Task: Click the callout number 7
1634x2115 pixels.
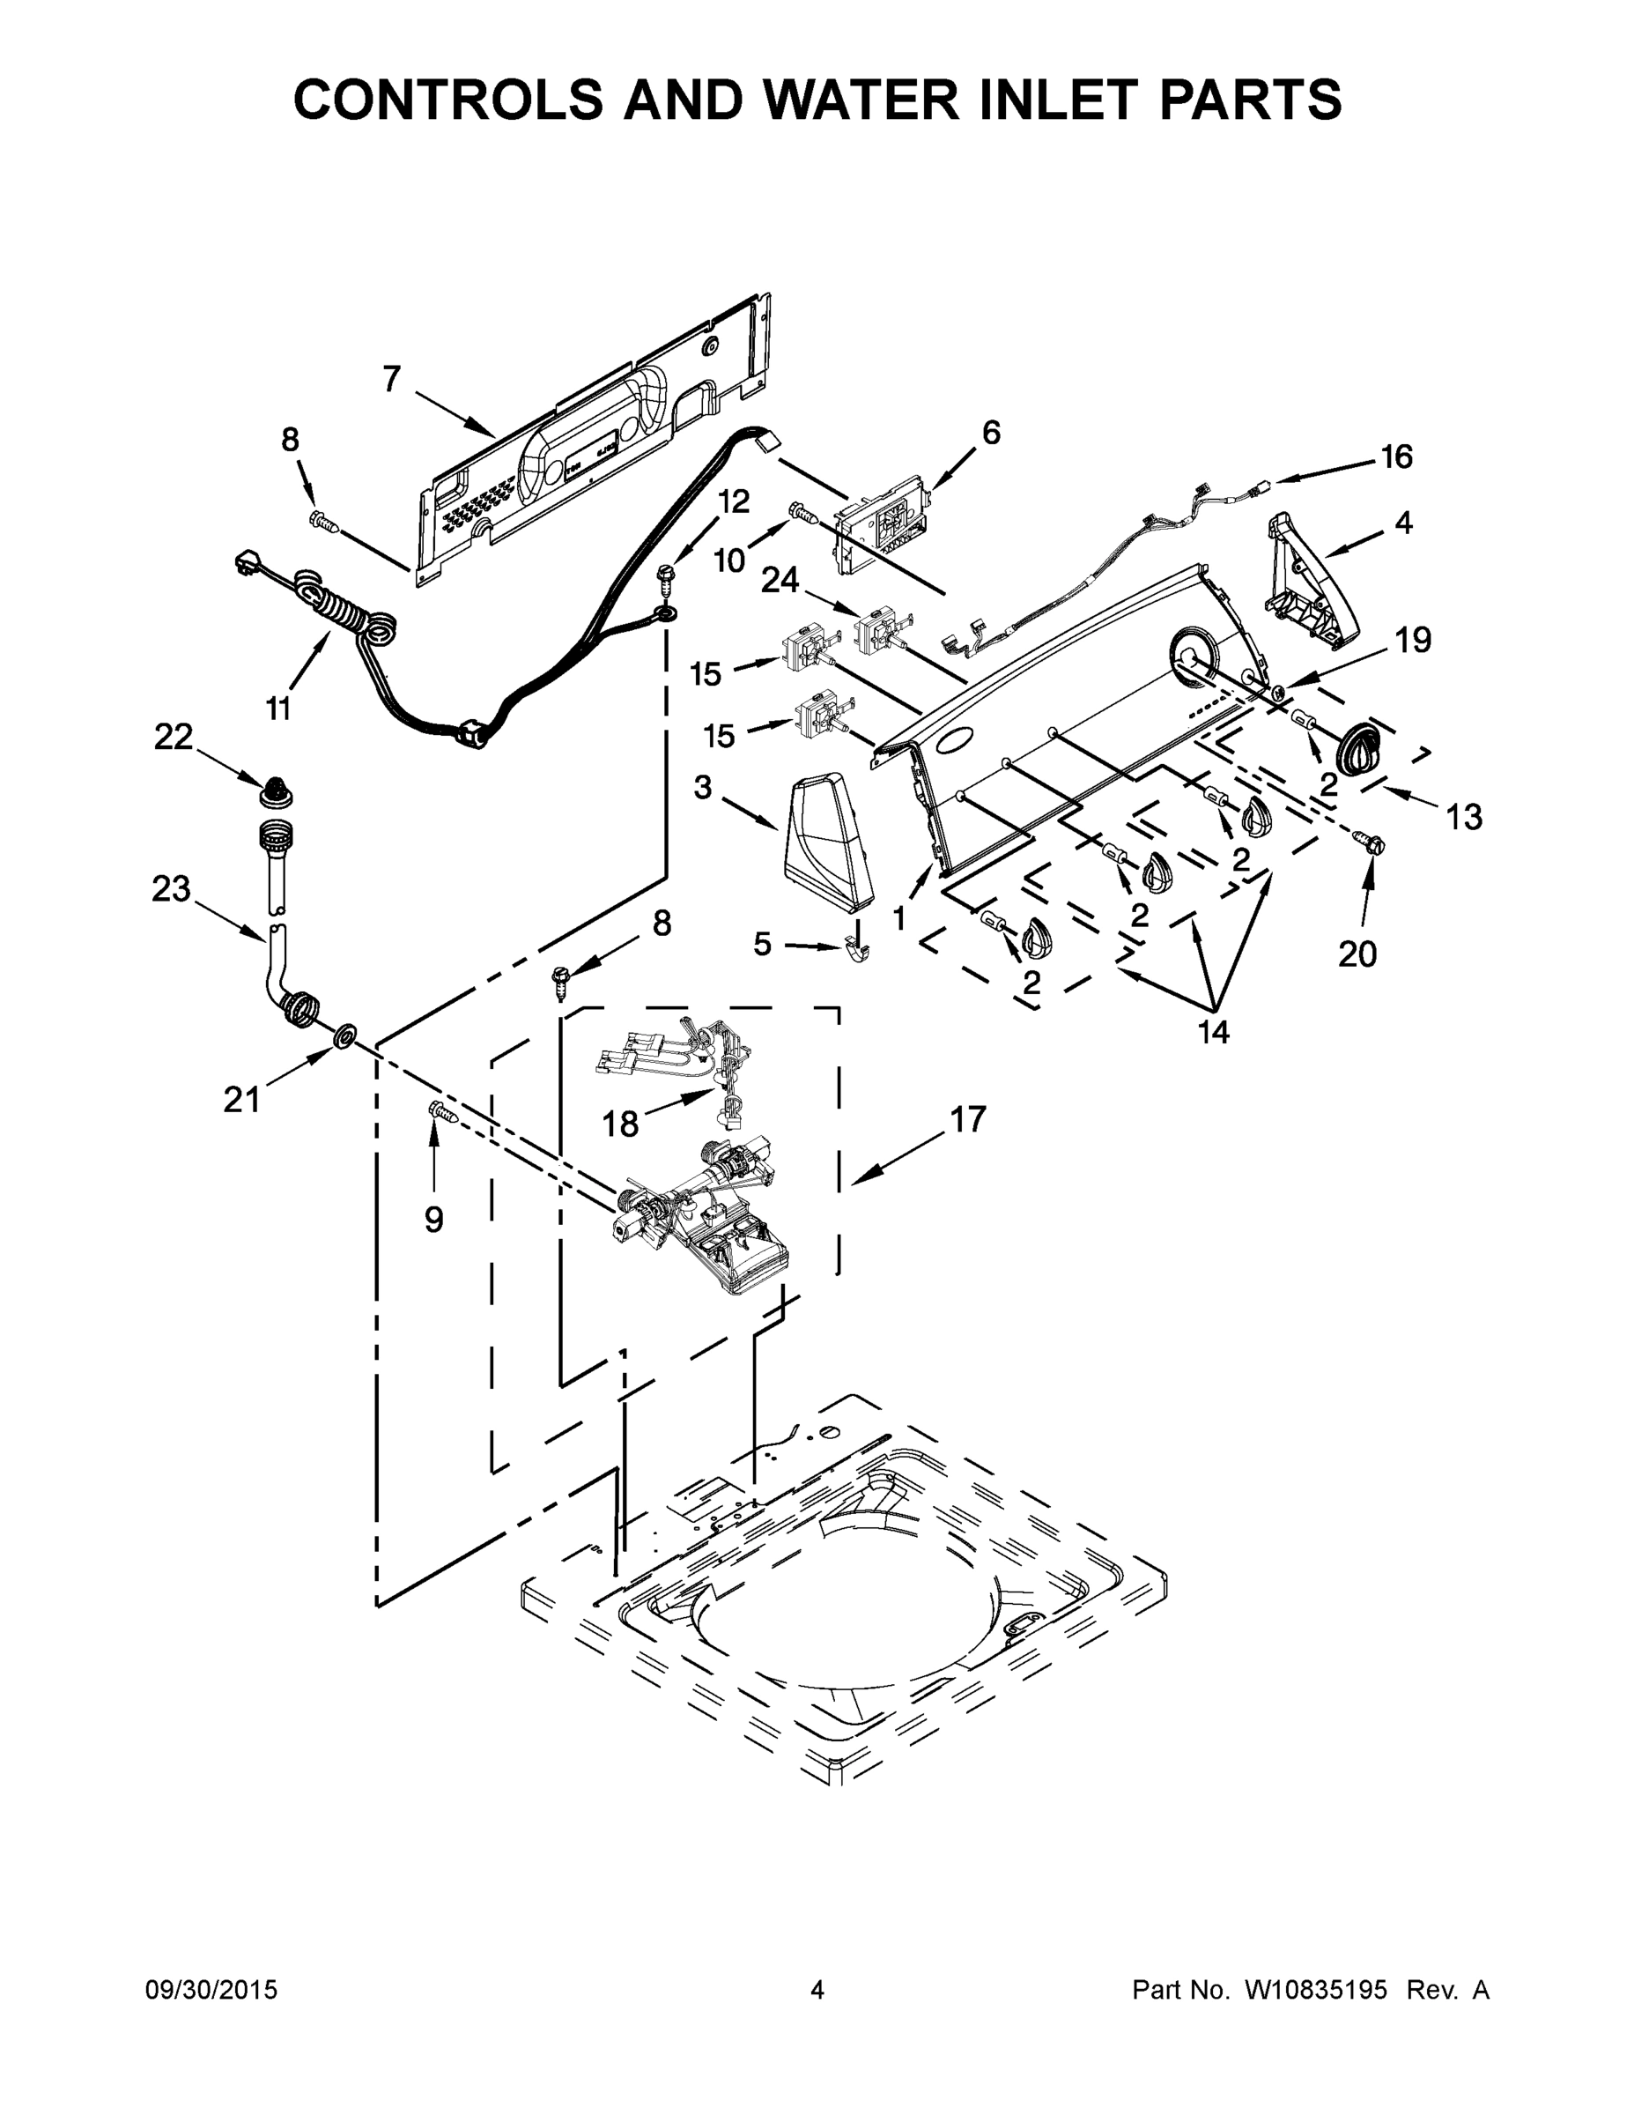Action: click(x=391, y=380)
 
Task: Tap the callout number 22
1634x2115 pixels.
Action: click(x=174, y=737)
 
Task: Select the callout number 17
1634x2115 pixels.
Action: click(x=967, y=1119)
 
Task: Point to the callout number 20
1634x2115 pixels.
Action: click(x=1357, y=955)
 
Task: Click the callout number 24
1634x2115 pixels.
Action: click(x=780, y=580)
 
